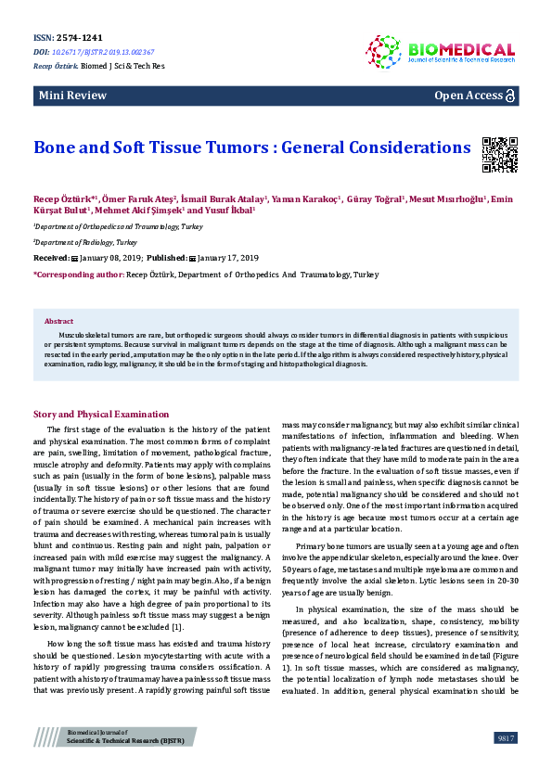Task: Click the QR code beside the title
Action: (x=499, y=154)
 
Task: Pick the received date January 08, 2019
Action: (x=107, y=257)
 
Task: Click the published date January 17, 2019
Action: (x=228, y=257)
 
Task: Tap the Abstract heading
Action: (x=58, y=321)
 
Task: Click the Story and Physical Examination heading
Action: (x=101, y=414)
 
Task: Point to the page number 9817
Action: (x=506, y=737)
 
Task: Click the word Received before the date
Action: (x=51, y=257)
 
